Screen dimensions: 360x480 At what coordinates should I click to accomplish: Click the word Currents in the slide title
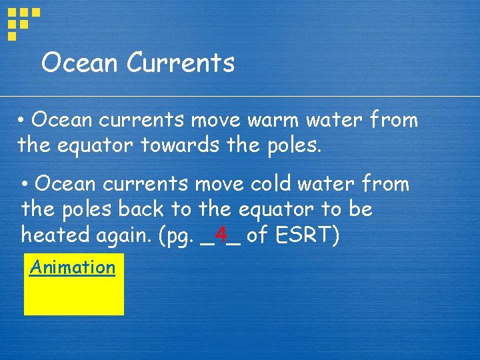(180, 63)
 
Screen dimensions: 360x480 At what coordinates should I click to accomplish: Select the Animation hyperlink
(72, 267)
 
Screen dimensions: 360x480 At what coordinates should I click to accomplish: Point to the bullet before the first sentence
(22, 121)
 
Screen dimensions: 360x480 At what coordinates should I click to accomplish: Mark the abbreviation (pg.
(175, 236)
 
